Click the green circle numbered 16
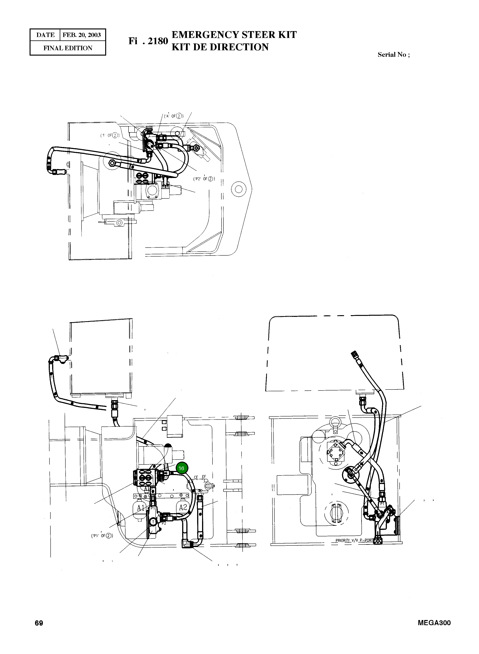(x=182, y=468)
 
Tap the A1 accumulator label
(x=141, y=508)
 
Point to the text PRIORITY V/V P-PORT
(x=354, y=540)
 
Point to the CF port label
(x=196, y=477)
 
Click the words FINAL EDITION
(x=68, y=48)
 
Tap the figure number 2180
(x=158, y=41)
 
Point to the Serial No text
(x=394, y=55)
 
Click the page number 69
(x=39, y=623)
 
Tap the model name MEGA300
(x=434, y=623)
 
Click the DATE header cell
(x=45, y=35)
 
